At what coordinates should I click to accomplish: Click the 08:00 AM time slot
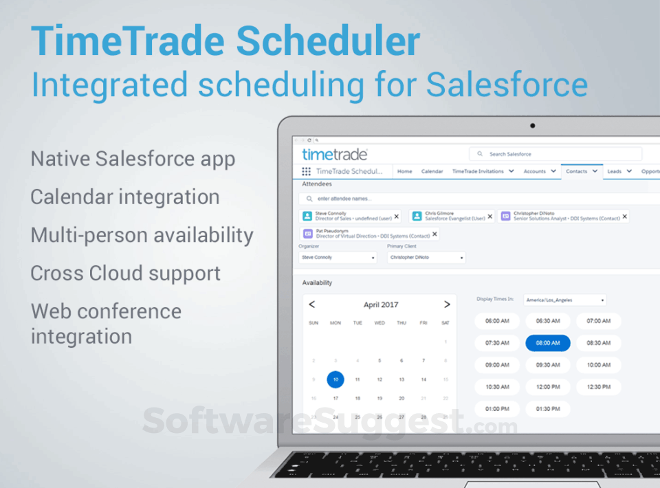[x=547, y=343]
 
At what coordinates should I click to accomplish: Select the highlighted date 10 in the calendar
[x=335, y=379]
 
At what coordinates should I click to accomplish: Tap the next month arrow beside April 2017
[x=447, y=304]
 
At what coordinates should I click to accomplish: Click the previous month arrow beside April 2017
[x=311, y=304]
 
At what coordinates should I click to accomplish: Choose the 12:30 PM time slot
[x=598, y=387]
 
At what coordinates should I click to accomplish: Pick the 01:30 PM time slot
[x=547, y=409]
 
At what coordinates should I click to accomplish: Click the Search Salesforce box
[x=555, y=154]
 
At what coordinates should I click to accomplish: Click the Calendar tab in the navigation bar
[x=432, y=171]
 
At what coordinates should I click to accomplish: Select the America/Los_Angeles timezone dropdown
[x=565, y=300]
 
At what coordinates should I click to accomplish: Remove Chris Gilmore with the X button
[x=489, y=217]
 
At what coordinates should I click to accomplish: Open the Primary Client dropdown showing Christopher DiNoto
[x=426, y=258]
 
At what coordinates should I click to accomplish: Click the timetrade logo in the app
[x=335, y=154]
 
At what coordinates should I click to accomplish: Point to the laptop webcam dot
[x=532, y=126]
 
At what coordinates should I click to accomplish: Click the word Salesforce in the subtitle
[x=507, y=85]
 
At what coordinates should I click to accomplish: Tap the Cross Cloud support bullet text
[x=125, y=273]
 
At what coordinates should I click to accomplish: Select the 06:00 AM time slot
[x=497, y=321]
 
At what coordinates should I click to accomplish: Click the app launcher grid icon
[x=306, y=171]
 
